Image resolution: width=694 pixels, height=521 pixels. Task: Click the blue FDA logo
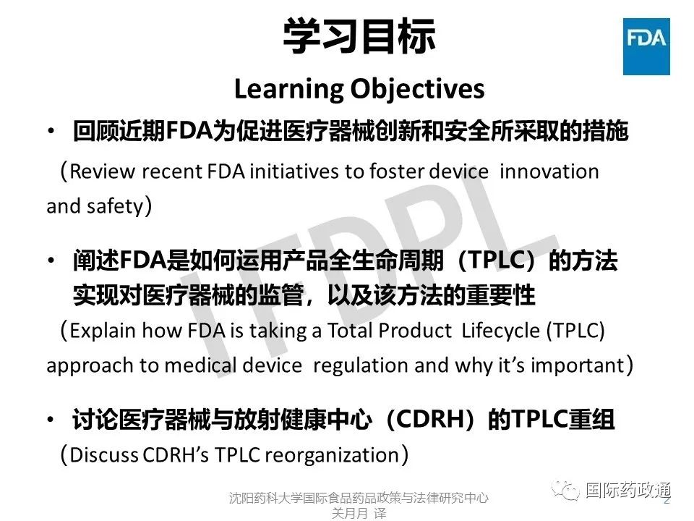point(646,46)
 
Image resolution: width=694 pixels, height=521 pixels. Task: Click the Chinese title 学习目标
point(359,36)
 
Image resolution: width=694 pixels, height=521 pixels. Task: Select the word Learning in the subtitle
point(288,90)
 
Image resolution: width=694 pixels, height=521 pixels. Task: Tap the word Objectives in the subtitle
point(417,90)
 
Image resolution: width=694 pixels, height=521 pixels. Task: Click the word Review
point(102,171)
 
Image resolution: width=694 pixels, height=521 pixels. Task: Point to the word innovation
point(549,171)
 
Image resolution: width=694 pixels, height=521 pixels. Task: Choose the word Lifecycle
point(500,331)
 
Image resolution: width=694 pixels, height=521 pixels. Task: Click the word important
point(577,365)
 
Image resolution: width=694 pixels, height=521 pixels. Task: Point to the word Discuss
point(103,455)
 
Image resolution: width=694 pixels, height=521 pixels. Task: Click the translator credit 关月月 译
point(359,513)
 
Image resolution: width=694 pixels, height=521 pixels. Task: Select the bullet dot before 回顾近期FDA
point(52,131)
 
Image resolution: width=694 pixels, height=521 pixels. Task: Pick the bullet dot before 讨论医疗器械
point(52,419)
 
